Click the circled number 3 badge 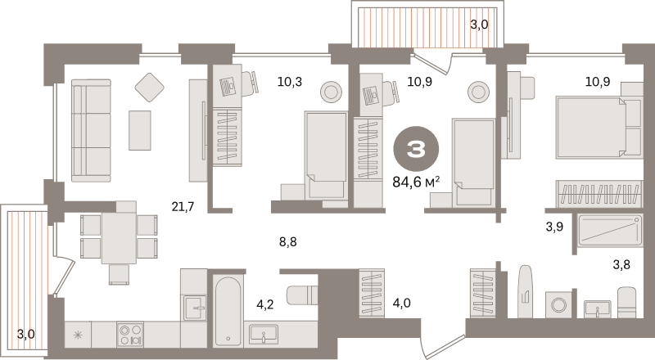tap(416, 149)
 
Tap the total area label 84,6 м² tap(416, 182)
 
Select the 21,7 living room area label tap(183, 206)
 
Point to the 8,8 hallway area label tap(288, 241)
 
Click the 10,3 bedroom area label tap(290, 82)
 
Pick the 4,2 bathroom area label tap(264, 304)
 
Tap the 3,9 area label tap(554, 227)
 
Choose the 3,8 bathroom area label tap(621, 264)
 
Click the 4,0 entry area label tap(401, 303)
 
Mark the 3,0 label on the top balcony tap(479, 25)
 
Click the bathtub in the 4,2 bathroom tap(228, 310)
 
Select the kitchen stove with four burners tap(130, 335)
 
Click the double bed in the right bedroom tap(599, 128)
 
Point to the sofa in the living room tap(92, 131)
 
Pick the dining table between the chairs tap(119, 238)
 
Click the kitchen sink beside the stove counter tap(195, 308)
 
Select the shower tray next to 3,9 tap(610, 230)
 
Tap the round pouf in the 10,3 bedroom tap(332, 92)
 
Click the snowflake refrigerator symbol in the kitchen tap(78, 335)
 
